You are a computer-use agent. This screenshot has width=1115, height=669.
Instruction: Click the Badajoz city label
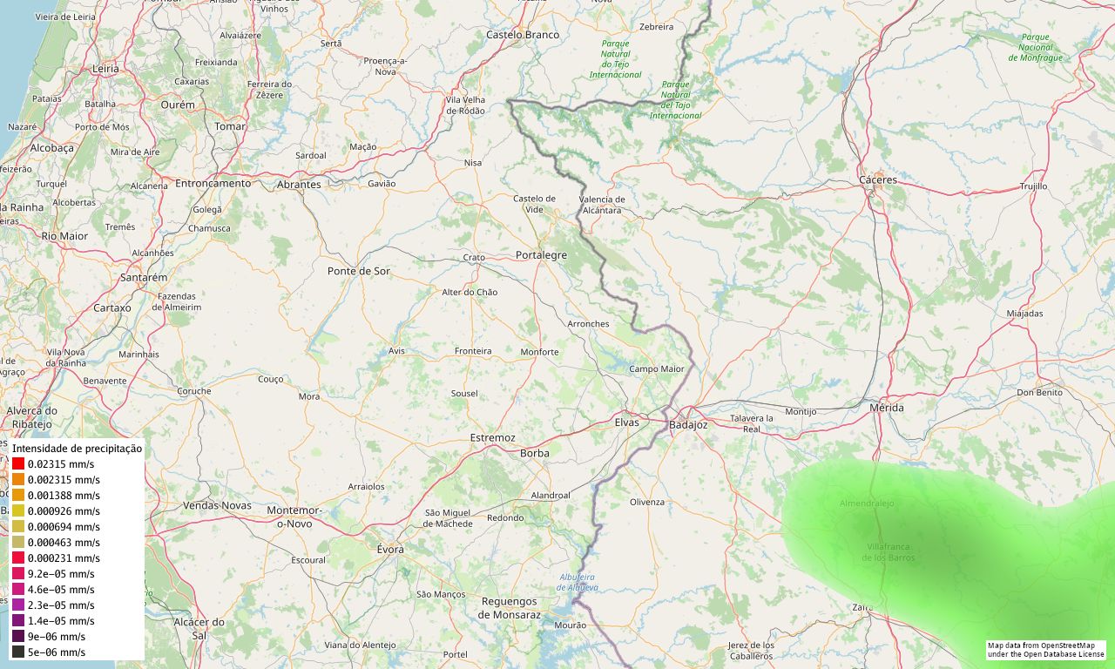(688, 425)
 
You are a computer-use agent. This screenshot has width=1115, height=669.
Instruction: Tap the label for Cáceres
(877, 180)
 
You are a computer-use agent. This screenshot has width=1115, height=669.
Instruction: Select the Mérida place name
(887, 408)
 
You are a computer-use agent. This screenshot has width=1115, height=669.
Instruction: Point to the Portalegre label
(541, 256)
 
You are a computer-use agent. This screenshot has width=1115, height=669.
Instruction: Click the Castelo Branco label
(522, 35)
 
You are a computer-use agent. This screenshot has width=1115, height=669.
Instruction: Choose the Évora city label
(390, 550)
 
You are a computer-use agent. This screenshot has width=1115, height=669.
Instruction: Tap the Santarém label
(143, 278)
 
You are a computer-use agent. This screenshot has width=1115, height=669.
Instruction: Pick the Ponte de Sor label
(359, 272)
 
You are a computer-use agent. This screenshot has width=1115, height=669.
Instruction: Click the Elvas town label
(626, 422)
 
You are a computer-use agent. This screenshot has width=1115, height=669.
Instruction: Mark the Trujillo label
(1033, 186)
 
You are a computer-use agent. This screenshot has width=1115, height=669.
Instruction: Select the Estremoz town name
(492, 437)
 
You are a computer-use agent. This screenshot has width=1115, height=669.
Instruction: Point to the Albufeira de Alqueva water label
(578, 582)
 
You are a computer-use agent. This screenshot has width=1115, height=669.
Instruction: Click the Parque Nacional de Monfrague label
(1035, 47)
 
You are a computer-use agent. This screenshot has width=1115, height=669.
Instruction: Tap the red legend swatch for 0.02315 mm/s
(18, 464)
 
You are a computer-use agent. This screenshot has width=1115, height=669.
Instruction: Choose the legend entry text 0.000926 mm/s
(64, 511)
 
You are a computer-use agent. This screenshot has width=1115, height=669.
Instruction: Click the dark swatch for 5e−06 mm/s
(18, 652)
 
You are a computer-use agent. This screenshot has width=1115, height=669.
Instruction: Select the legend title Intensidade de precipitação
(77, 449)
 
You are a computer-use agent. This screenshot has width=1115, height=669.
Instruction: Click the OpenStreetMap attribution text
(1045, 650)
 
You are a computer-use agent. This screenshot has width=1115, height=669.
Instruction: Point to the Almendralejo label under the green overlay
(867, 503)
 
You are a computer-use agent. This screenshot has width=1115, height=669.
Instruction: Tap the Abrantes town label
(298, 185)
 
